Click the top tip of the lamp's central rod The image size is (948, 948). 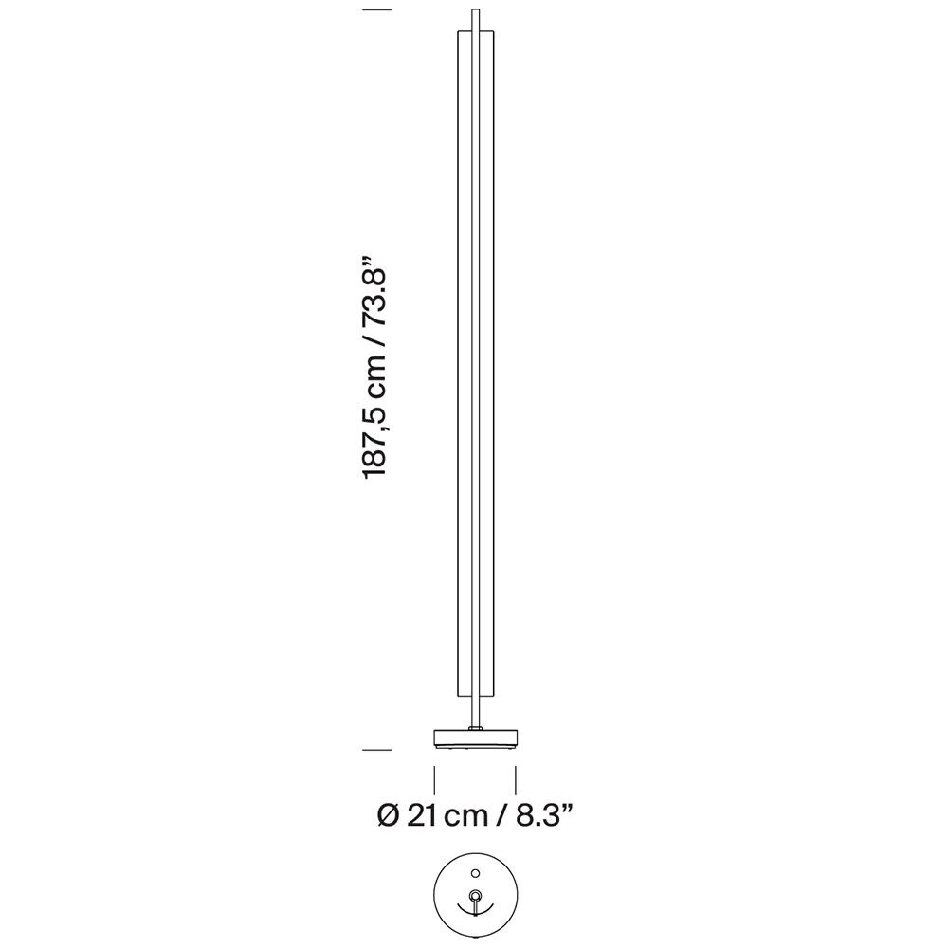(x=475, y=12)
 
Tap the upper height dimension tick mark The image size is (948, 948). (x=378, y=10)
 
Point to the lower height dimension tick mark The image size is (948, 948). (x=378, y=750)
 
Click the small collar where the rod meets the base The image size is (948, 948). (x=475, y=727)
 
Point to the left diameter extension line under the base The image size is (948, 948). (x=434, y=780)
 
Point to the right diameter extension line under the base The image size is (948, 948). (x=516, y=780)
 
